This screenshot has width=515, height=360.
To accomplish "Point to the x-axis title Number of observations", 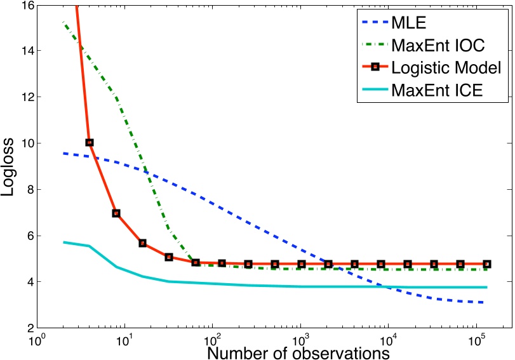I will tap(298, 350).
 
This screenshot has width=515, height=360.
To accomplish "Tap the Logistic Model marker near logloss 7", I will tap(116, 213).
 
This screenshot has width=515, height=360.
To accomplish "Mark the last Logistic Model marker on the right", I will tap(487, 264).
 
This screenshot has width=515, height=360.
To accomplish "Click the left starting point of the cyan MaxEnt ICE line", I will tap(64, 242).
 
